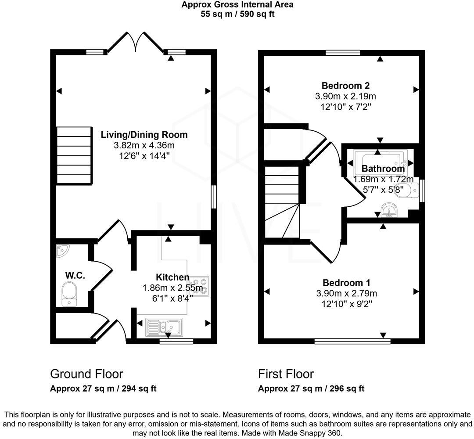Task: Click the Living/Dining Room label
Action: pos(144,135)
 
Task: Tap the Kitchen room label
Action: pos(172,277)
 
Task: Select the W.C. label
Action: pos(75,276)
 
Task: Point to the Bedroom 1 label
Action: pos(346,283)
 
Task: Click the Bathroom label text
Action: pos(383,169)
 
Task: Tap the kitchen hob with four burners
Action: pos(200,286)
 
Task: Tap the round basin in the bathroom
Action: pos(388,210)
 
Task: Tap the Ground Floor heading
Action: pos(86,374)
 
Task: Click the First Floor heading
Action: pos(286,374)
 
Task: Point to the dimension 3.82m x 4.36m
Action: pos(144,145)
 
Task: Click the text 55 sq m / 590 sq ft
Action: pos(237,14)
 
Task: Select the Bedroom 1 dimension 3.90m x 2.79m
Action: pos(346,293)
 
